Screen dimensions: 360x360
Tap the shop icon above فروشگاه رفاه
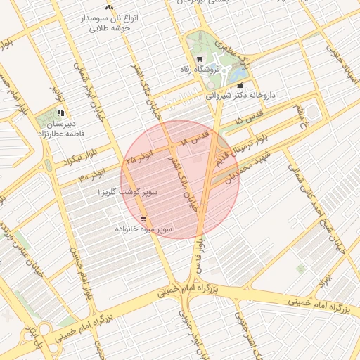pyautogui.click(x=200, y=59)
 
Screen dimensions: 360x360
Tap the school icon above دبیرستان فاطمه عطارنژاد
pyautogui.click(x=60, y=112)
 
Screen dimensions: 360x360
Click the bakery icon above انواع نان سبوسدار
pyautogui.click(x=109, y=6)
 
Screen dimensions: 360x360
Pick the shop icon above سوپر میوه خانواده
pyautogui.click(x=143, y=218)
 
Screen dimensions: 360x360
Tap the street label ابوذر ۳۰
pyautogui.click(x=92, y=173)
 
